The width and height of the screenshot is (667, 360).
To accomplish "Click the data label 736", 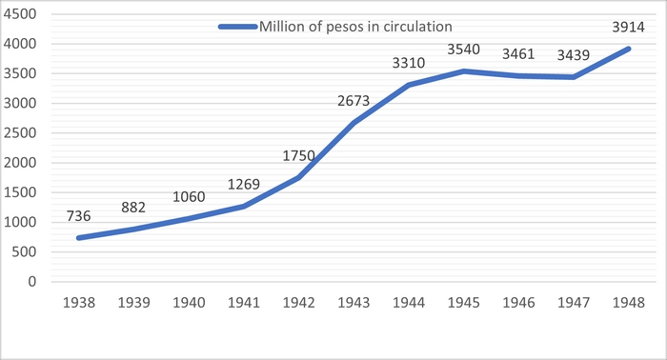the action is coord(79,216).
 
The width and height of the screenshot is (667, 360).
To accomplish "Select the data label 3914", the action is coord(628,28).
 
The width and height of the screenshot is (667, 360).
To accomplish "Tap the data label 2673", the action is coord(354,101).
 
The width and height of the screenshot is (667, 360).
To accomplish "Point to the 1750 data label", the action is coord(298,155).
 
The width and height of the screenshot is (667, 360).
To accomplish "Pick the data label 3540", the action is coord(463,50).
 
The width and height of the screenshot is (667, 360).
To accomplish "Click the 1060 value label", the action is coord(189,197).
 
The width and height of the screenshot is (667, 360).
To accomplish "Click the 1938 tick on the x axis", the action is coord(79,303).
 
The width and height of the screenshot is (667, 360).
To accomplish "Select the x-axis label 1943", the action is coord(354,303).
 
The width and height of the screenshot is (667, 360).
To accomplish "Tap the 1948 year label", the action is coord(628,303).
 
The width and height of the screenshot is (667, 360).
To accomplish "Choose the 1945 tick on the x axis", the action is coord(463,303).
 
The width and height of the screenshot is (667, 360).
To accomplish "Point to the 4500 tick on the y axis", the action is coord(20,14).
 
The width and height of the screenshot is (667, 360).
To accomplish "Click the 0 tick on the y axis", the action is coord(32,281).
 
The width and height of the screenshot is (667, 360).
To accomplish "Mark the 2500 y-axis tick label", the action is coord(20,133).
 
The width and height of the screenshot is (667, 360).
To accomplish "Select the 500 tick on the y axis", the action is coord(24,251).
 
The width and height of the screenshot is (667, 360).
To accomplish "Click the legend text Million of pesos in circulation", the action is coord(355,27).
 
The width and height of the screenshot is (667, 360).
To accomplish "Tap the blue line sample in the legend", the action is coord(238,27).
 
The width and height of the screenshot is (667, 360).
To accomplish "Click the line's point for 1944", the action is coord(409,85).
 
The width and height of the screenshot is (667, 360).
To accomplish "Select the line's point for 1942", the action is coord(298,178).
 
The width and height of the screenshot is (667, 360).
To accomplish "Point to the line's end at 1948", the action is coord(628,49).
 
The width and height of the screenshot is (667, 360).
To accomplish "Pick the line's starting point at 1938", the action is coord(79,238).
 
